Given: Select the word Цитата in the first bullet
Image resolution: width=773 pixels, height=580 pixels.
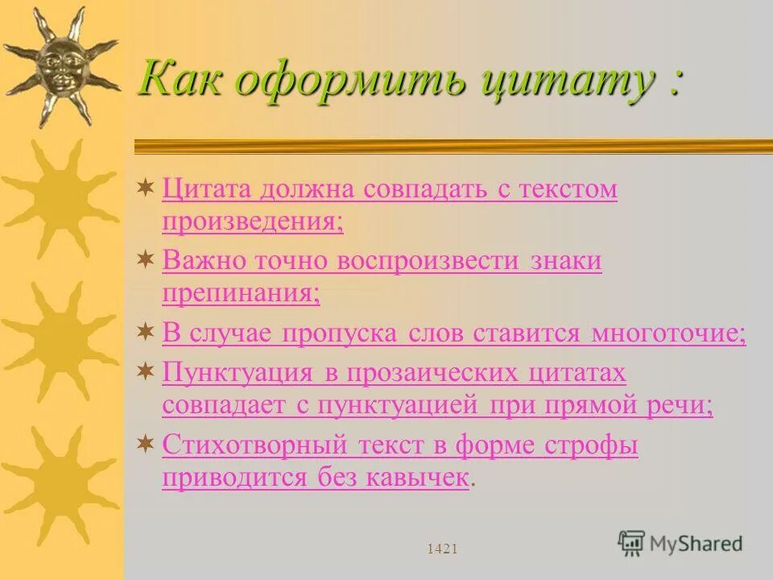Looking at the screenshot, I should (205, 190).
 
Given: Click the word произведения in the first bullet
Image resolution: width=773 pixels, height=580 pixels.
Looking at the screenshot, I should (252, 222).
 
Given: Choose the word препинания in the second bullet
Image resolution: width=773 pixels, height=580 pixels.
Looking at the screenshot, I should (241, 292).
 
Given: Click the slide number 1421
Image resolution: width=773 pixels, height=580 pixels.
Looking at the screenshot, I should (442, 549).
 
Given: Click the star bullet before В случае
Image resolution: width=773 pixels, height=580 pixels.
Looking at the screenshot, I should (146, 331).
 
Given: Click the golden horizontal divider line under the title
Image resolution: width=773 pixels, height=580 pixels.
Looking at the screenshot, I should (451, 146).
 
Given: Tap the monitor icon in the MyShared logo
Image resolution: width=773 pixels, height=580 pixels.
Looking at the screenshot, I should (631, 543).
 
